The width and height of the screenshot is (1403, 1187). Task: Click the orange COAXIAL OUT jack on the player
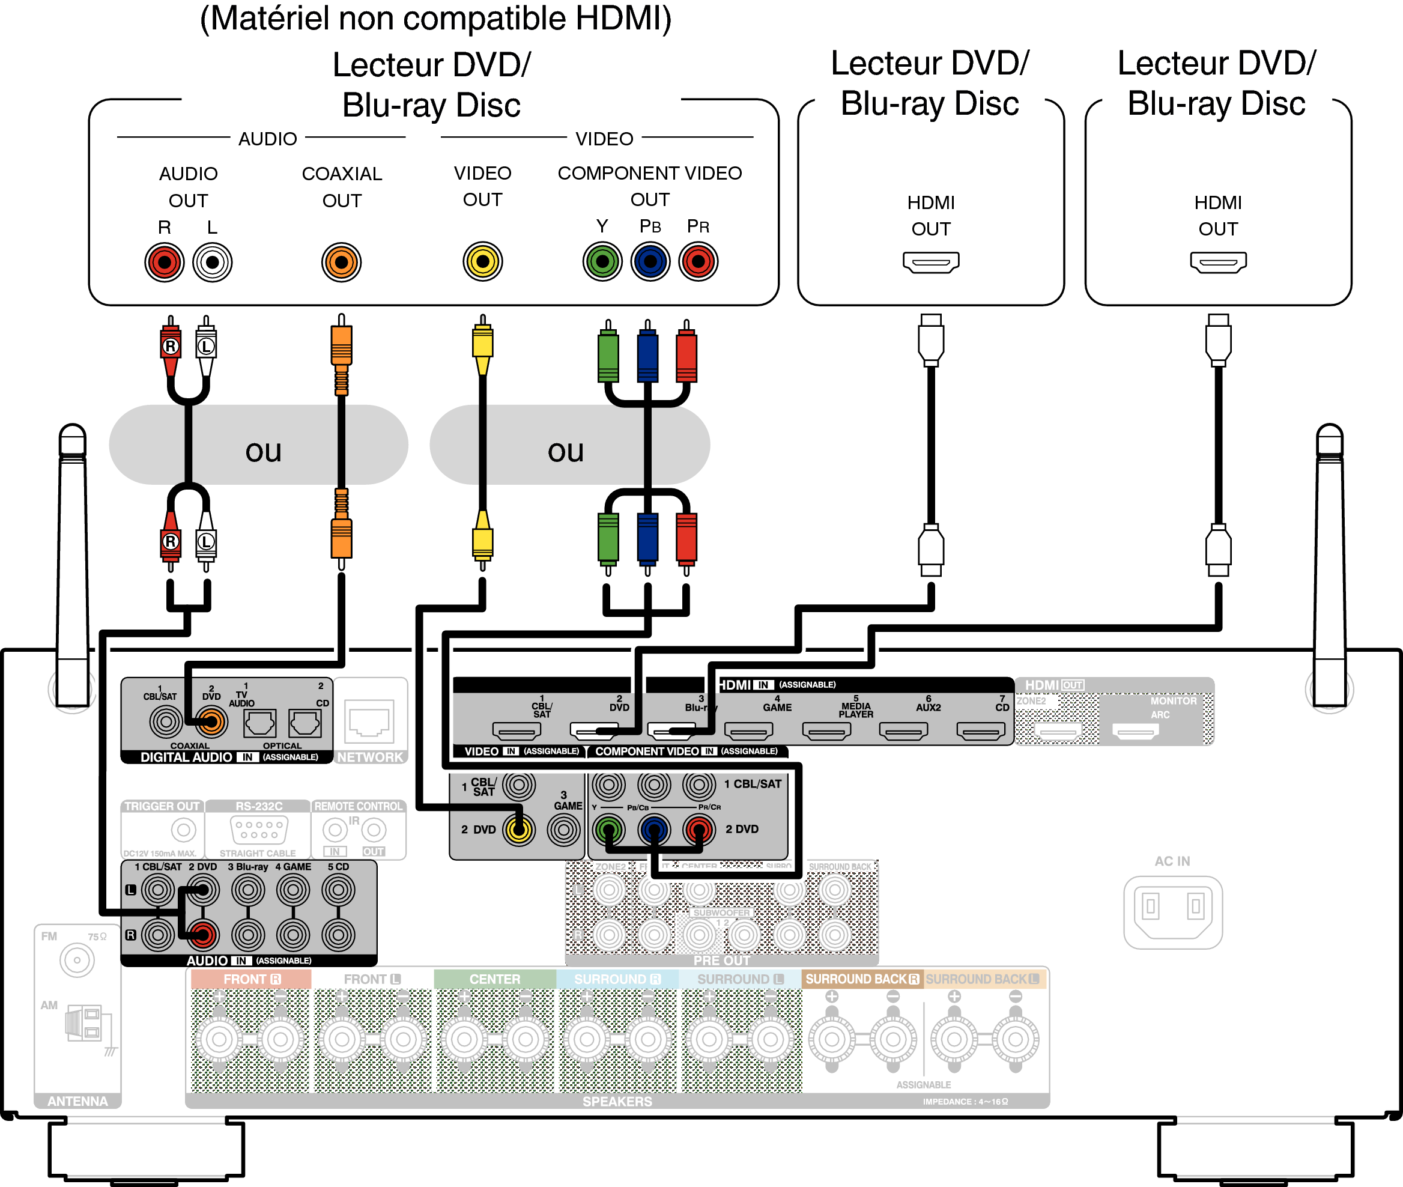pyautogui.click(x=341, y=262)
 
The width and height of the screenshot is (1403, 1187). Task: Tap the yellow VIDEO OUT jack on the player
pyautogui.click(x=482, y=261)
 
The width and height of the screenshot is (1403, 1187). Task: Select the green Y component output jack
pyautogui.click(x=602, y=261)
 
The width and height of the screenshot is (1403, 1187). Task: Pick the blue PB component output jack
pyautogui.click(x=650, y=261)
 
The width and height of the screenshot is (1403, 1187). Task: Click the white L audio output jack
pyautogui.click(x=212, y=262)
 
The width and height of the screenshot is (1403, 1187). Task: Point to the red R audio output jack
pyautogui.click(x=164, y=262)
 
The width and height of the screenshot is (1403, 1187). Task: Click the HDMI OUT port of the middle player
pyautogui.click(x=930, y=262)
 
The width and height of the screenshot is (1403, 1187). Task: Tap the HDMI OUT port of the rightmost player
pyautogui.click(x=1218, y=262)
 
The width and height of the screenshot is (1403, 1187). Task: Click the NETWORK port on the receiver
pyautogui.click(x=369, y=721)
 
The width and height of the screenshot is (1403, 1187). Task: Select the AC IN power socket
pyautogui.click(x=1172, y=911)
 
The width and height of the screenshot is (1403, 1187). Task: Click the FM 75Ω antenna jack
pyautogui.click(x=77, y=960)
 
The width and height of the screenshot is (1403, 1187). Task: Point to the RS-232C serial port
pyautogui.click(x=259, y=830)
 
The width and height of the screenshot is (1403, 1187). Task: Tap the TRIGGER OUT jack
pyautogui.click(x=183, y=830)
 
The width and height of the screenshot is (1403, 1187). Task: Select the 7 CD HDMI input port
pyautogui.click(x=980, y=730)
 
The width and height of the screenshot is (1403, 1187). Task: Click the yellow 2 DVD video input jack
pyautogui.click(x=518, y=830)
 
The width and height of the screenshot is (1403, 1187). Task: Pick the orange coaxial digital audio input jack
pyautogui.click(x=211, y=722)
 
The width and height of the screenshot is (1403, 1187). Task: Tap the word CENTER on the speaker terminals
pyautogui.click(x=494, y=979)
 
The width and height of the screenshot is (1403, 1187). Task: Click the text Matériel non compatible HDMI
pyautogui.click(x=435, y=19)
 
